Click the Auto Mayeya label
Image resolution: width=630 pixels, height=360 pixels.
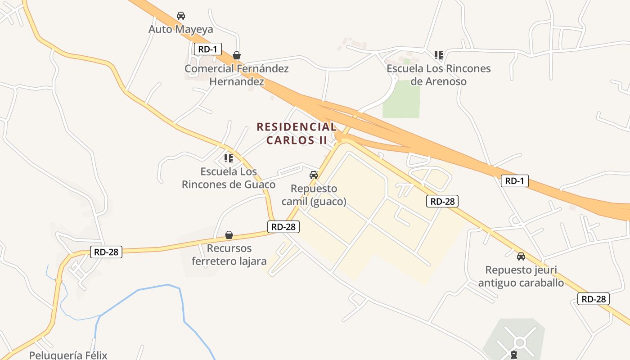click(181, 29)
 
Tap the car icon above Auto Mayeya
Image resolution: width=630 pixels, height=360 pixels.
click(181, 16)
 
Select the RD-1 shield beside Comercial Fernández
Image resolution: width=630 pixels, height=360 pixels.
click(207, 49)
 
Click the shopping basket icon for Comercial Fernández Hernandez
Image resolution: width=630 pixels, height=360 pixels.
click(237, 55)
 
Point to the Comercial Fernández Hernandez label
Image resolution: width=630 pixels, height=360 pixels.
click(237, 75)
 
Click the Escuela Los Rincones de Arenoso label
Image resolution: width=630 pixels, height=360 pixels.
click(439, 75)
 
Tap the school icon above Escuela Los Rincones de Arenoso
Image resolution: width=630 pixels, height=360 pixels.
click(439, 55)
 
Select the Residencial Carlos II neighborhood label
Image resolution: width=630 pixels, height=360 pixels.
click(297, 133)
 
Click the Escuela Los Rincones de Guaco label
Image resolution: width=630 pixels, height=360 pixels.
click(229, 178)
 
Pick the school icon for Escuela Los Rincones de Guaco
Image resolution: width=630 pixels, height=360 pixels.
click(229, 158)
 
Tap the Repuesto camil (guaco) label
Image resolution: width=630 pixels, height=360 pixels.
click(314, 195)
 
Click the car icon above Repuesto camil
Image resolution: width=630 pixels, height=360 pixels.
click(314, 175)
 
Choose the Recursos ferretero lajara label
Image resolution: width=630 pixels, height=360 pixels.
click(229, 255)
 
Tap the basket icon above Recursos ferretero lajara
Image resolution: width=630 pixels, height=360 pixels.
click(229, 235)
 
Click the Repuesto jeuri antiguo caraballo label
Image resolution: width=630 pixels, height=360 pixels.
click(521, 276)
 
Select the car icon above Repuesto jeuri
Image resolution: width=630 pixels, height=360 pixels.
click(521, 256)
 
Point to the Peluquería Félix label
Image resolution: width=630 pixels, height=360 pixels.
click(68, 355)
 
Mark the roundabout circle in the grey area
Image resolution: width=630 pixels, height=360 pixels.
click(520, 343)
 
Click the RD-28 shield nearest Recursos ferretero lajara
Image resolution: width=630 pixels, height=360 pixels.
click(283, 227)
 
